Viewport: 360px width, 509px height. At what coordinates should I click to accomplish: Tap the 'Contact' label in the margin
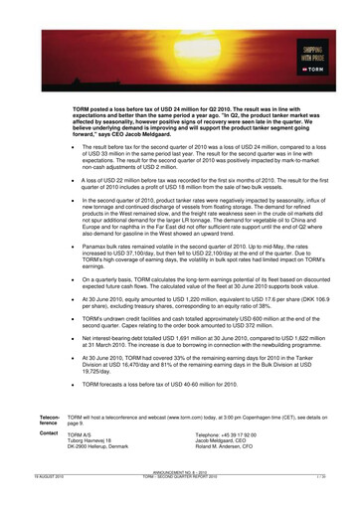coord(49,433)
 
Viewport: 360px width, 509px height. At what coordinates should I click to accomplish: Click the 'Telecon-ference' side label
coord(50,421)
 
